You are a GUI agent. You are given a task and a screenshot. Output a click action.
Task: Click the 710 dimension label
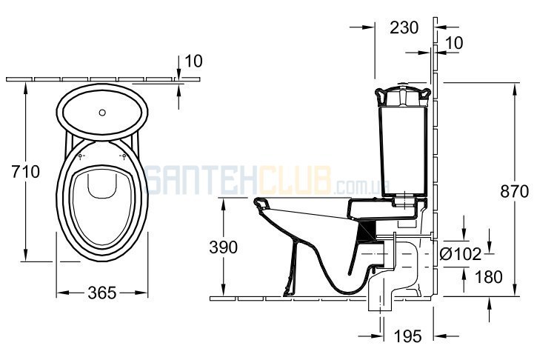tap(25, 171)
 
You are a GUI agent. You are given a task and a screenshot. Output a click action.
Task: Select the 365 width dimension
tap(101, 293)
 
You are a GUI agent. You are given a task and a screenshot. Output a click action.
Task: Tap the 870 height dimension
tap(514, 191)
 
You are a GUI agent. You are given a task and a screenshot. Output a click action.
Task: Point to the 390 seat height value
tap(223, 247)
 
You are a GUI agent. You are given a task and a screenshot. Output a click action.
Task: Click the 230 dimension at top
tap(404, 27)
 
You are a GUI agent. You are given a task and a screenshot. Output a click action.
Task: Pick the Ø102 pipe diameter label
tap(461, 254)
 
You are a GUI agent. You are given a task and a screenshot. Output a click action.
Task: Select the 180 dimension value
tap(488, 277)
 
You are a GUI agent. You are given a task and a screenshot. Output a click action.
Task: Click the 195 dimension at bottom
tap(407, 336)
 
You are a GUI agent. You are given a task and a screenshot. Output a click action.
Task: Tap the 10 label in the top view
tap(193, 61)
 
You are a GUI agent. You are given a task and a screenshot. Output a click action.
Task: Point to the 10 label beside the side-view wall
tap(454, 43)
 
